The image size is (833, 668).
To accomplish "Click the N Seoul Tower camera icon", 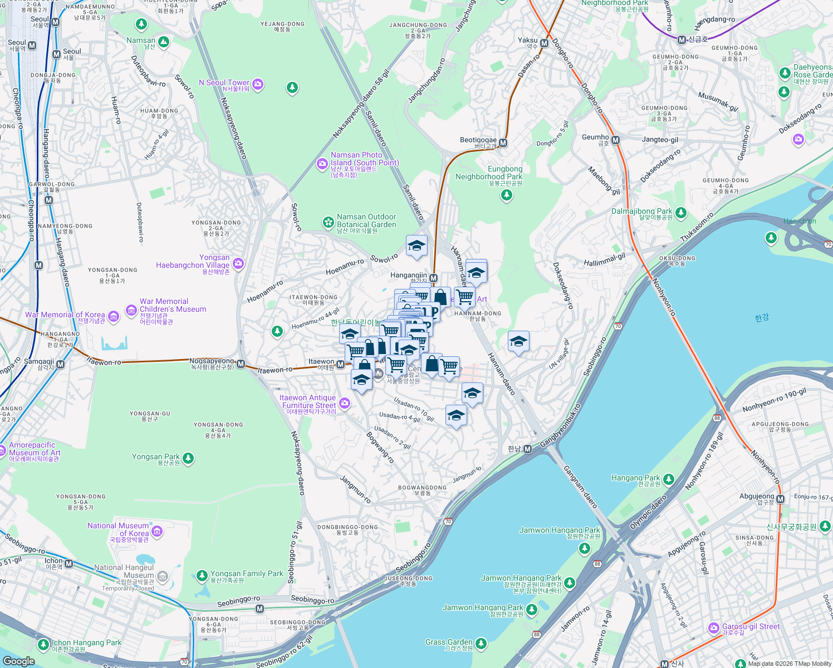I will tap(257, 84).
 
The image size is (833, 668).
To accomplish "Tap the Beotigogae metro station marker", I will tap(503, 143).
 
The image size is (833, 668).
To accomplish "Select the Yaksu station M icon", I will tap(545, 43).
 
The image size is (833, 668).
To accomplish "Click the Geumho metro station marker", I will tap(616, 140).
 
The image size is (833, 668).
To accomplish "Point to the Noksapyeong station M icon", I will tap(241, 364).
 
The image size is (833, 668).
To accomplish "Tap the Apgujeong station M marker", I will tap(781, 499).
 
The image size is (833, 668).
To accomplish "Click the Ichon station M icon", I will tap(69, 564).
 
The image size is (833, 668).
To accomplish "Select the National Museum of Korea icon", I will tap(157, 532).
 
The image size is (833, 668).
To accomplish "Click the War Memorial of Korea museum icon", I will tap(114, 317).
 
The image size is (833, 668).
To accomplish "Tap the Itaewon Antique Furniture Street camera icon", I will tap(345, 403).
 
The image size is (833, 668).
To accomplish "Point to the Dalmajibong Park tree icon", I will tap(680, 213).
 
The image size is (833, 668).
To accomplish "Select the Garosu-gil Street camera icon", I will tap(714, 628).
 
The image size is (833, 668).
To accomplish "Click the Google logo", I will tap(19, 661).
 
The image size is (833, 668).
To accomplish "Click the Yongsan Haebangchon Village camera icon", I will tap(239, 263).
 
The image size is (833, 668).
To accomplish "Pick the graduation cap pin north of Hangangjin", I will tap(416, 246).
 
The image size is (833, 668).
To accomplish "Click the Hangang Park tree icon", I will tap(669, 480).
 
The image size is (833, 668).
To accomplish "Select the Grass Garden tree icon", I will tap(481, 644).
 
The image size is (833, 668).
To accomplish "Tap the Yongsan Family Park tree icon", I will tap(203, 576).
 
